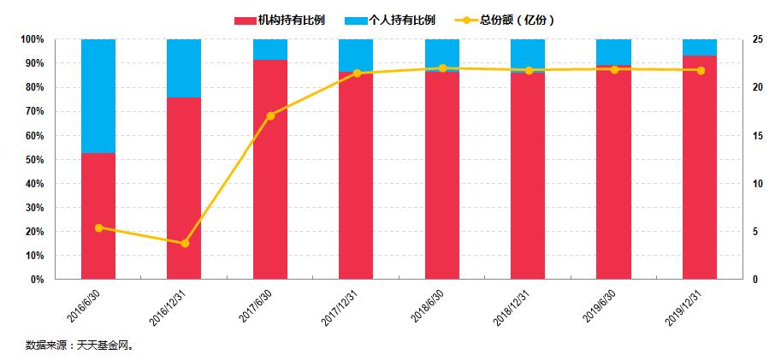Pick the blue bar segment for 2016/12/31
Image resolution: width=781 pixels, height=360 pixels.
coord(184,68)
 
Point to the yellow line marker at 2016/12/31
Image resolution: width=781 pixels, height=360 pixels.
coord(184,244)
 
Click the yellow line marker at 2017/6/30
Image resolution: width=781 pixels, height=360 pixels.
coord(270,115)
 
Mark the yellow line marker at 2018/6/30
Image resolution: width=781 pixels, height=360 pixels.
coord(442,68)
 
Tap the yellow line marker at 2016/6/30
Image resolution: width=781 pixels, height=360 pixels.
coord(98,227)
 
